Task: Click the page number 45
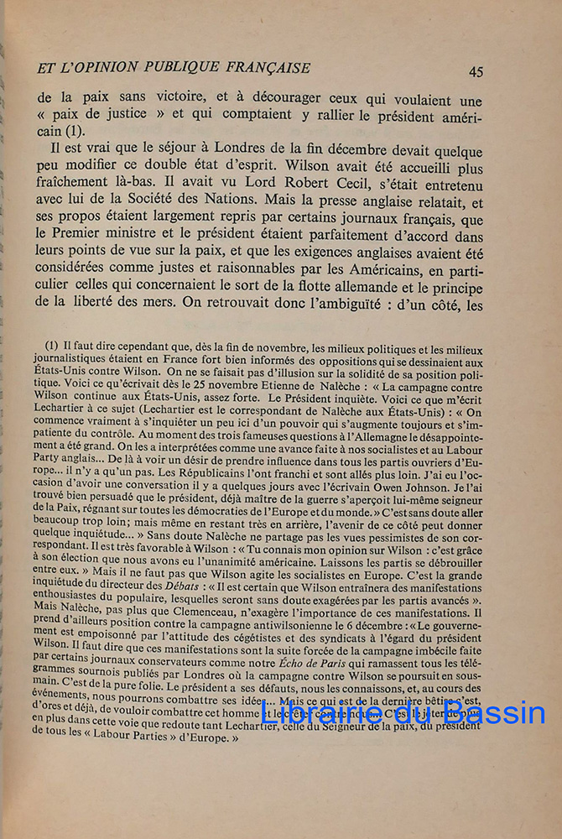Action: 476,72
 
